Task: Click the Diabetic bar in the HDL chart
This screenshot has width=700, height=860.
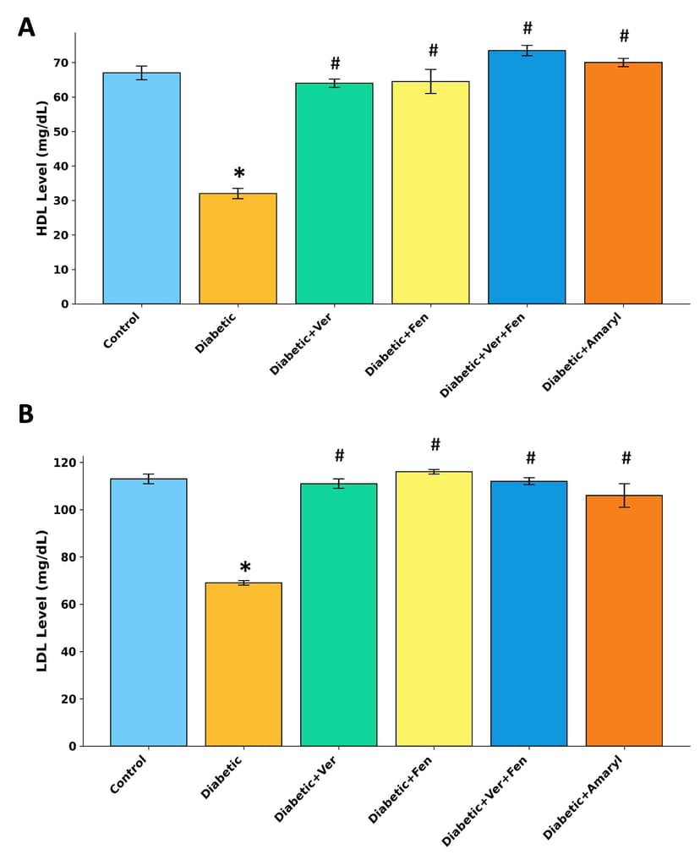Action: click(238, 249)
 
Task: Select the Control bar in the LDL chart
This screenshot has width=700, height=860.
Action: click(149, 612)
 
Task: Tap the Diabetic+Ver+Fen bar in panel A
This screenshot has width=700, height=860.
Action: click(527, 177)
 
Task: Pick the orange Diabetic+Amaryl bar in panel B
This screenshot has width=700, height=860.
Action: click(624, 621)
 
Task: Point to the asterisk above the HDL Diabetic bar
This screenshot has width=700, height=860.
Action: click(239, 174)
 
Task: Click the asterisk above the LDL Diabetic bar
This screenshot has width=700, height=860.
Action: click(244, 568)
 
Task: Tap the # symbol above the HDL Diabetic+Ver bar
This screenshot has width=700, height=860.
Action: click(335, 64)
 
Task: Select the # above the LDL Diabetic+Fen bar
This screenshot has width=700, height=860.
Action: click(435, 445)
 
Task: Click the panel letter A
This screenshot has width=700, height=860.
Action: click(26, 29)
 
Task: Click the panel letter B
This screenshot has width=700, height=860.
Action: click(26, 415)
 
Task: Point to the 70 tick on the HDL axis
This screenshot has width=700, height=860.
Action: click(61, 63)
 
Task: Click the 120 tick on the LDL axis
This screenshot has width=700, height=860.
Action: click(64, 463)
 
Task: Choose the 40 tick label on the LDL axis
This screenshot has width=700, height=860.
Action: click(68, 652)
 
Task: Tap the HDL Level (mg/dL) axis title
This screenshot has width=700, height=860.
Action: click(42, 167)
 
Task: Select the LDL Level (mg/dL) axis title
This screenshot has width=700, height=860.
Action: click(42, 600)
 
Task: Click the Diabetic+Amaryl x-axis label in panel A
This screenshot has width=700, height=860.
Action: click(583, 353)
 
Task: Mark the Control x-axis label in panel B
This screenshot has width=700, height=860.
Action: click(129, 775)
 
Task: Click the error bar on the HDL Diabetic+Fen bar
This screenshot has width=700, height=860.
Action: click(430, 81)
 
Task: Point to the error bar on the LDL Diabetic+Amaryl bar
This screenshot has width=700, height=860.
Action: click(624, 496)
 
